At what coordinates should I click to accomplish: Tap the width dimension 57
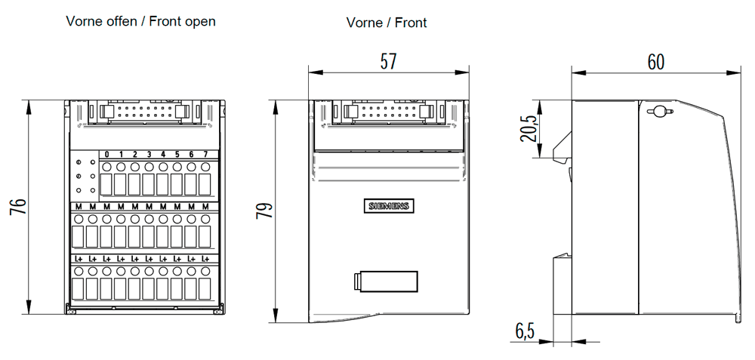(x=388, y=61)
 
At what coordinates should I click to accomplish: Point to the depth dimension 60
(x=655, y=62)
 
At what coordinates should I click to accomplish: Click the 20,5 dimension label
(x=528, y=129)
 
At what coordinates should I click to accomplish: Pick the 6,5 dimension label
(x=525, y=331)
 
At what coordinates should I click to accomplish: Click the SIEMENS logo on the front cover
(x=388, y=206)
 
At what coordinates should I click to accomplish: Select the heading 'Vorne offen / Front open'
(x=141, y=21)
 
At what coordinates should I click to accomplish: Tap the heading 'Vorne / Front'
(x=387, y=23)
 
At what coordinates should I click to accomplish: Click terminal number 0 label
(x=107, y=155)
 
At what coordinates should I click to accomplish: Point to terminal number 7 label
(x=205, y=155)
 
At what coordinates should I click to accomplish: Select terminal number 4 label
(x=163, y=155)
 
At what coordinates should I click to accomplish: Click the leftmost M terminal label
(x=79, y=206)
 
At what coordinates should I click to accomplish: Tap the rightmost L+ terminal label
(x=205, y=259)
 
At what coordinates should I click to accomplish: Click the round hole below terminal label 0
(x=107, y=167)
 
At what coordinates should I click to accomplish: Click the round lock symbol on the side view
(x=658, y=112)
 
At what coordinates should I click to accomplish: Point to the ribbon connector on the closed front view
(x=388, y=112)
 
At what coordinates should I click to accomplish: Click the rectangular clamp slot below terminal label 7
(x=205, y=185)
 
